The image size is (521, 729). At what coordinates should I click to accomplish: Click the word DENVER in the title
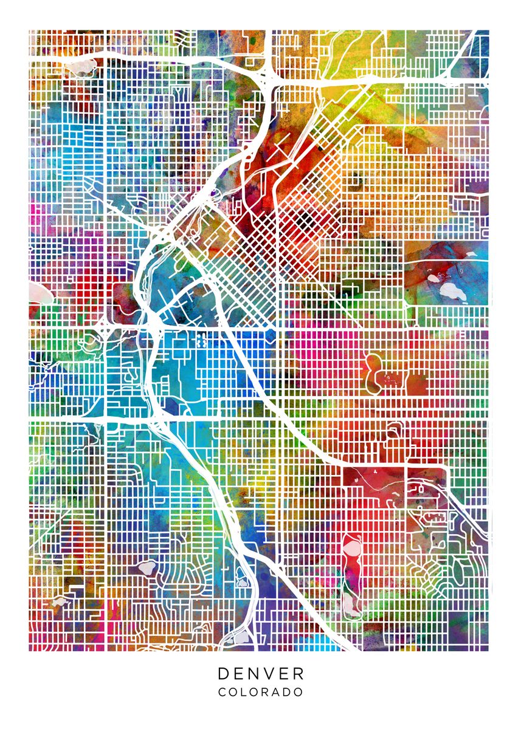(261, 674)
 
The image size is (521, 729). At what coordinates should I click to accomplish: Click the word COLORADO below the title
(261, 692)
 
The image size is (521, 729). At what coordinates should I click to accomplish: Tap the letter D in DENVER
(224, 674)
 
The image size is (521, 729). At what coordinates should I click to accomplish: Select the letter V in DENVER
(269, 674)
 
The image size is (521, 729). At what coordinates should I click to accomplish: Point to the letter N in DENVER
(254, 674)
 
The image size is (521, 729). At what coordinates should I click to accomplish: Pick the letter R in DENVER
(298, 674)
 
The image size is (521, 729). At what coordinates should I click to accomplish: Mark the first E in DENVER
(239, 674)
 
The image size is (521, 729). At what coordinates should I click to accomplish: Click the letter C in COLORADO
(222, 692)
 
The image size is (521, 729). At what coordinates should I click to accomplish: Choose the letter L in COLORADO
(245, 692)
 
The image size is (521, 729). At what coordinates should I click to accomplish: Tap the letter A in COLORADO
(276, 692)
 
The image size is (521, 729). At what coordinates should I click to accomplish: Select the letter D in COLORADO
(288, 692)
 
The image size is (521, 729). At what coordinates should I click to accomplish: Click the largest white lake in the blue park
(452, 291)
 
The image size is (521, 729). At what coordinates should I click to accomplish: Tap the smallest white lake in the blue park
(433, 278)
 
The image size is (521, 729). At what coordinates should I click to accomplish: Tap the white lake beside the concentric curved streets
(146, 567)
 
